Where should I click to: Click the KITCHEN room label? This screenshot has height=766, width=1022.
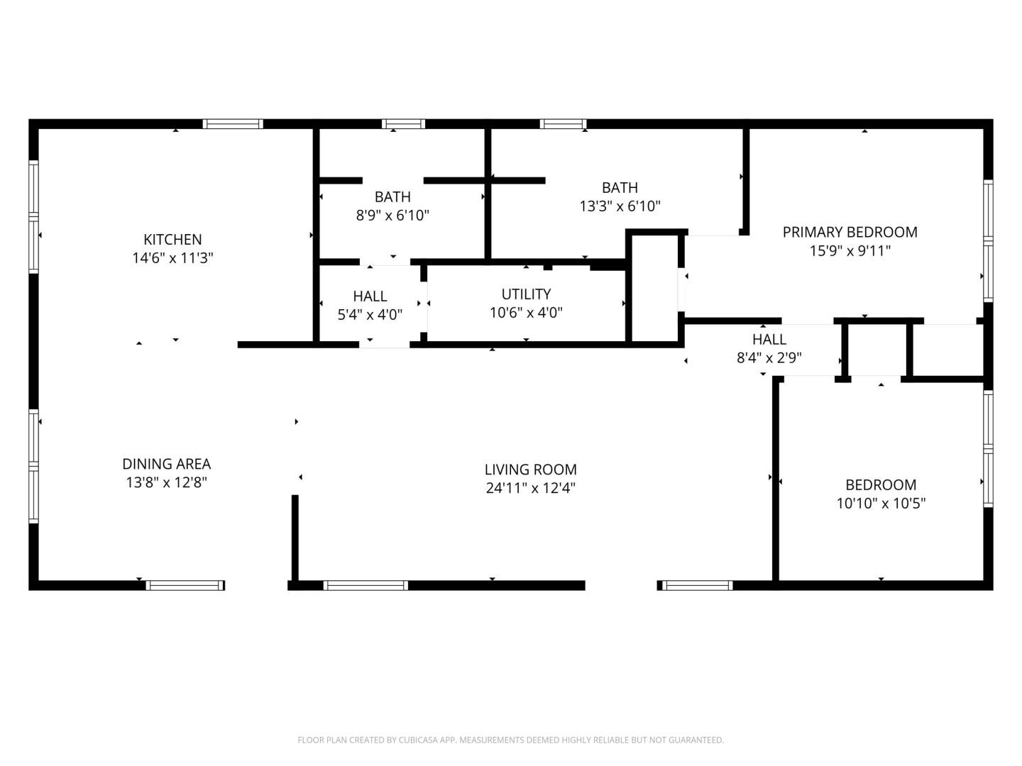tap(172, 240)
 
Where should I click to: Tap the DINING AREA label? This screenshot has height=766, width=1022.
tap(167, 464)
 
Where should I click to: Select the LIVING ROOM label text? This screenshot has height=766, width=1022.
tap(531, 470)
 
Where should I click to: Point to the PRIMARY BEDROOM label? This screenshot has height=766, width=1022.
tap(850, 232)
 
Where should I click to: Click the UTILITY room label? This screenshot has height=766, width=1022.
tap(526, 294)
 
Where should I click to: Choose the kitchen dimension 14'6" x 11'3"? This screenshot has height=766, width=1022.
tap(172, 258)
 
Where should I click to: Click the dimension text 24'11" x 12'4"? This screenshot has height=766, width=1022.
tap(531, 488)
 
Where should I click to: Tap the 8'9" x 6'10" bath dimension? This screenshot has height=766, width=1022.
tap(392, 216)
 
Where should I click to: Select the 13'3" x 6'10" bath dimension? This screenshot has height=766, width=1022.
tap(620, 206)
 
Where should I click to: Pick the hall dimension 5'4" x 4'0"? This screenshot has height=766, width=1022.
tap(370, 315)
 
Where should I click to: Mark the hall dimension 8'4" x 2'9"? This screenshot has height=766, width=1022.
tap(769, 357)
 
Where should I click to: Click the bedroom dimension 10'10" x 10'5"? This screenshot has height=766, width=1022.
tap(881, 504)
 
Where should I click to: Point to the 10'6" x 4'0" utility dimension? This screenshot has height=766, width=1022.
tap(526, 313)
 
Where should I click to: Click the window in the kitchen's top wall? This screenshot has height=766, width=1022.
tap(233, 123)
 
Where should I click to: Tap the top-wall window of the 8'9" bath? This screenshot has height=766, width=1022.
tap(403, 123)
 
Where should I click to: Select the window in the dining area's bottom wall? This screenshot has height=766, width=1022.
tap(185, 585)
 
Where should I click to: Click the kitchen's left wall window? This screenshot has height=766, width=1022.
tap(33, 217)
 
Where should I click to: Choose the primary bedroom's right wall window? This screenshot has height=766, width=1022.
tap(988, 241)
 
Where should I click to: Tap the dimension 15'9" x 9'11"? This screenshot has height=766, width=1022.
tap(850, 251)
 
